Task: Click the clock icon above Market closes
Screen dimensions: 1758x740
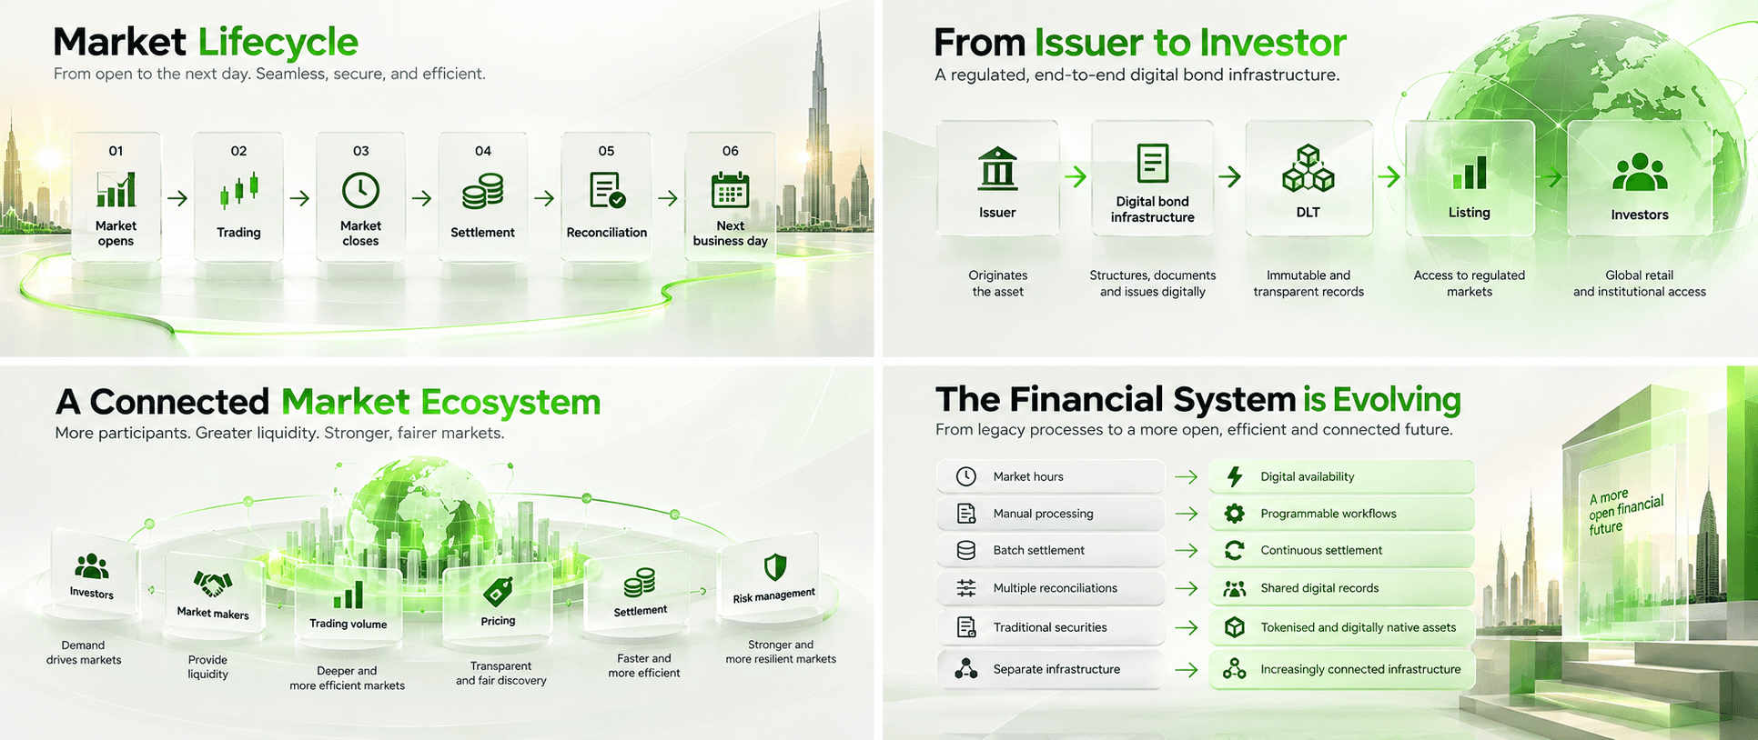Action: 360,190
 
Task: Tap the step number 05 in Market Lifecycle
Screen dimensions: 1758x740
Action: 606,151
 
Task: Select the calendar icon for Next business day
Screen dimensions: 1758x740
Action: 730,190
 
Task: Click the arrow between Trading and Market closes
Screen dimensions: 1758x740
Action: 299,198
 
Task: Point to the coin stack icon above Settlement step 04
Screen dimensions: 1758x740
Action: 482,192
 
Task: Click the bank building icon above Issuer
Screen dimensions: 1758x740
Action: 997,168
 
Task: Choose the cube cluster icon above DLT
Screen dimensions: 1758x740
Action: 1308,168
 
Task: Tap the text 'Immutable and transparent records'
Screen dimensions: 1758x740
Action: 1308,284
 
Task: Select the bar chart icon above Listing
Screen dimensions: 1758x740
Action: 1470,172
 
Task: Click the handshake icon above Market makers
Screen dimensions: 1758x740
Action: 212,584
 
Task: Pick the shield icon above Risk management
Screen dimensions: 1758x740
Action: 775,567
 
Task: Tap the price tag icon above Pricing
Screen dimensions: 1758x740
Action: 498,591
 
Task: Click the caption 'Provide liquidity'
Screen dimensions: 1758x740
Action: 207,667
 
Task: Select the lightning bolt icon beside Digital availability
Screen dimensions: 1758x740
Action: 1235,476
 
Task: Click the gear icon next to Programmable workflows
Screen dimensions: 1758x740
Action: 1234,514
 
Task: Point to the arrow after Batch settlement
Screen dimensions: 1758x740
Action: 1186,551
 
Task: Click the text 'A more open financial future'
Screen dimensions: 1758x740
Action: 1625,513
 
